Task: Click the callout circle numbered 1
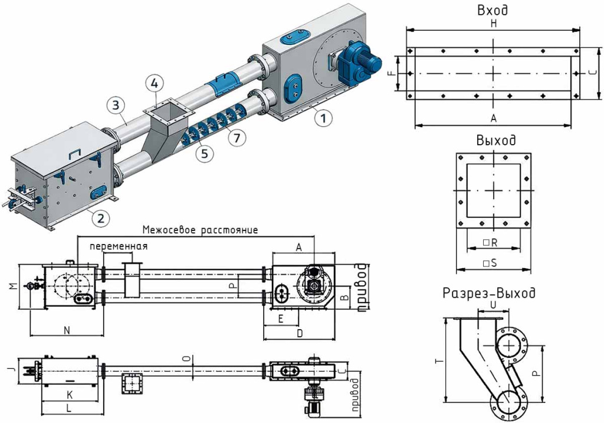(323, 118)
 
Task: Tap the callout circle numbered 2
(100, 219)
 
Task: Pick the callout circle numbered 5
(204, 153)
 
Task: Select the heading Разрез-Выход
(489, 293)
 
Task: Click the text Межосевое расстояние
(201, 230)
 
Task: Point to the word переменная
(119, 246)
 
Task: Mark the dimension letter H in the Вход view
(494, 23)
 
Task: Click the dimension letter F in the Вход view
(393, 73)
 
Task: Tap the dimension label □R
(490, 243)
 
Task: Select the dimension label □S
(490, 263)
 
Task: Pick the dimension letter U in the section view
(493, 305)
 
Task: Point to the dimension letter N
(67, 330)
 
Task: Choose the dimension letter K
(70, 395)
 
